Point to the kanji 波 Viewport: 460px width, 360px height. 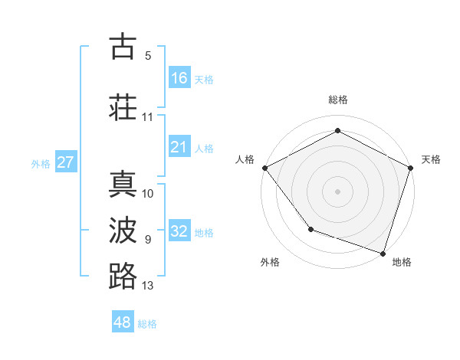123,231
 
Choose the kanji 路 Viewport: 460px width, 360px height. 123,276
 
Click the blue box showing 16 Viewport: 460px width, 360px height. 179,77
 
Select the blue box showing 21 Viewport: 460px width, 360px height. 179,147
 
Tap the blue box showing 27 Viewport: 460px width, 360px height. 66,162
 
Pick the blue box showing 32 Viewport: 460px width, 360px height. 179,231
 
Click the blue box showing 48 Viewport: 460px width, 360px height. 123,322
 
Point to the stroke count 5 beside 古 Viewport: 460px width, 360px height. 148,56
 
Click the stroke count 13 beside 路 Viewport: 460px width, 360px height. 148,286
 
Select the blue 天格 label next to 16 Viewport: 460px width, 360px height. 204,79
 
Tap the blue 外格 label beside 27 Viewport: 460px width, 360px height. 41,163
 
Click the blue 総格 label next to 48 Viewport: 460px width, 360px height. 147,324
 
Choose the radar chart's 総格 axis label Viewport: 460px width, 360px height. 337,100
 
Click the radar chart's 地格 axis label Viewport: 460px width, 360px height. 402,262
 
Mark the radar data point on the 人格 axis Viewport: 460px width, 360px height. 264,167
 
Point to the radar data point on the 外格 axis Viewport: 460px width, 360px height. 310,228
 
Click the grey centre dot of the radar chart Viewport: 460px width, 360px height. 337,191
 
